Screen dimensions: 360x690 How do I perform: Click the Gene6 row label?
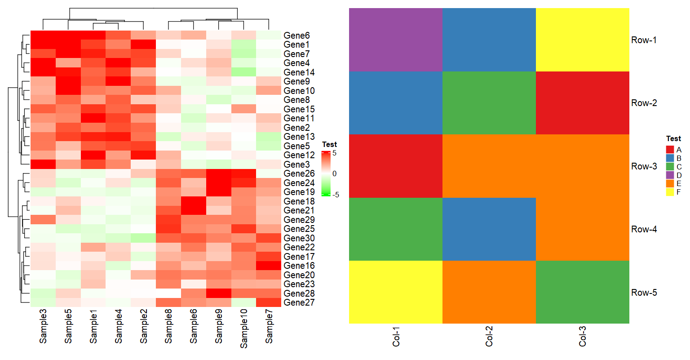296,36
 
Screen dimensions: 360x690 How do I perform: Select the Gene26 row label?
299,173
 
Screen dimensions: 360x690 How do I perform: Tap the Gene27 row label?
299,302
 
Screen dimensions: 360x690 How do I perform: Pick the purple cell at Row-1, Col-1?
396,40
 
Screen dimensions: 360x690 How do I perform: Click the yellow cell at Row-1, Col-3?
583,40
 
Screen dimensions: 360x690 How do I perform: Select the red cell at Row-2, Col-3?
583,103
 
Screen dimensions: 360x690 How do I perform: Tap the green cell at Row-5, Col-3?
583,292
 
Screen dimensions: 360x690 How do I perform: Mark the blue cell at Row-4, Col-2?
489,229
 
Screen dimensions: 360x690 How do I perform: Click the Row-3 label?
644,166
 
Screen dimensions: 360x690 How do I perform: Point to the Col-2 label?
489,336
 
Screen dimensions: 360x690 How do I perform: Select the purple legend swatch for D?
670,175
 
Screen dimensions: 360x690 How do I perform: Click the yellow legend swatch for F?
670,192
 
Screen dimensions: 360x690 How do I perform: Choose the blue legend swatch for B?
670,158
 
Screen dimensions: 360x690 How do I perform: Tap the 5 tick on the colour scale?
334,153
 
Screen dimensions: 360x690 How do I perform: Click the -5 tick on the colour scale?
335,195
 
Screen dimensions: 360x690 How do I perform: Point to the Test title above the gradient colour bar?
329,144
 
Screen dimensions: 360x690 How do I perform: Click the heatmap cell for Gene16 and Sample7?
269,266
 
